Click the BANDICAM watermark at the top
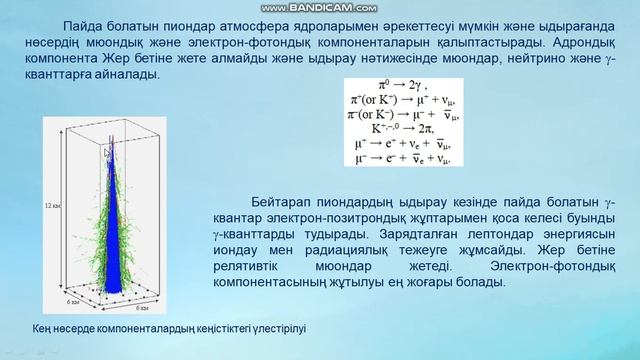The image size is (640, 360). pyautogui.click(x=320, y=8)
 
